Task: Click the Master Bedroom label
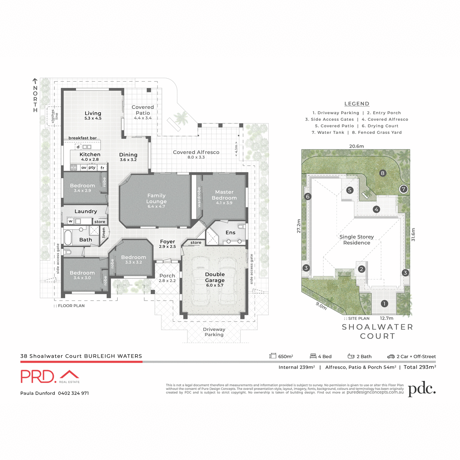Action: click(x=224, y=195)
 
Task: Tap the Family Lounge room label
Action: click(x=156, y=199)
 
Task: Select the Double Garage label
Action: click(x=215, y=277)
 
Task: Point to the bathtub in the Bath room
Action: click(x=68, y=237)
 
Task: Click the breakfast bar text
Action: click(x=82, y=138)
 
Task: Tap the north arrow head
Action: click(x=35, y=81)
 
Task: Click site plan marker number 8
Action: click(x=382, y=173)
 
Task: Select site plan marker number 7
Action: click(x=403, y=189)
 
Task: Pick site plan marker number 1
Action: click(x=384, y=304)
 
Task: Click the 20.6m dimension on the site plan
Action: click(x=356, y=146)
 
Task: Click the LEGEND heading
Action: click(x=357, y=103)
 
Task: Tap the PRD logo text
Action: click(x=38, y=376)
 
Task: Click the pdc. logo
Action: click(x=422, y=389)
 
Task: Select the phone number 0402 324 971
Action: click(x=73, y=393)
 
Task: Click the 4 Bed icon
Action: click(x=313, y=356)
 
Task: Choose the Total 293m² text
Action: click(x=419, y=367)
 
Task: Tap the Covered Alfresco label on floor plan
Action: click(x=196, y=152)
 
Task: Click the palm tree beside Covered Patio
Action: click(x=181, y=117)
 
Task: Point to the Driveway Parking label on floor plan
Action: click(x=214, y=332)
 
